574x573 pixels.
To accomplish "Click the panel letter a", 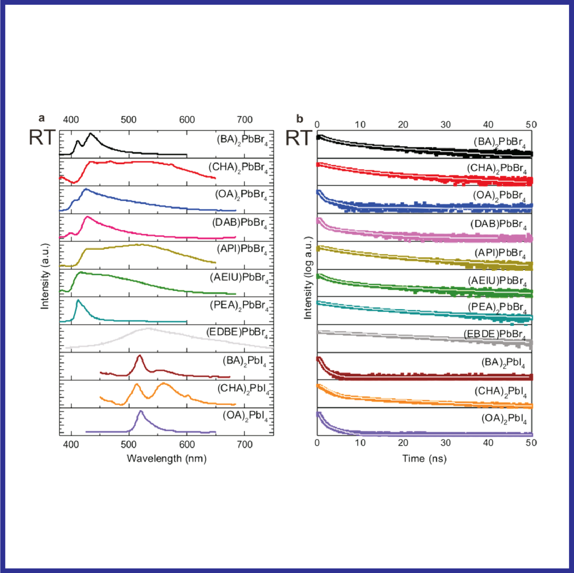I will click(42, 118).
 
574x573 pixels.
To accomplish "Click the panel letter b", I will click(299, 119).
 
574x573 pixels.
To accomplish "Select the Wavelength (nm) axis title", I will click(166, 458).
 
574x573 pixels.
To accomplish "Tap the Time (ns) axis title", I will click(424, 458).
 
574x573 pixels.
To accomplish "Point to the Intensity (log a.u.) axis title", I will click(308, 278).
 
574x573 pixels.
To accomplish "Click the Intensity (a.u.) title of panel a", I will click(45, 276).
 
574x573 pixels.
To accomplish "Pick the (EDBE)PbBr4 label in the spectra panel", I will click(237, 332).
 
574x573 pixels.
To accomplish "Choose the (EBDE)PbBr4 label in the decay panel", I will click(495, 335).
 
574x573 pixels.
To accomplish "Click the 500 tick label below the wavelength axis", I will click(129, 444).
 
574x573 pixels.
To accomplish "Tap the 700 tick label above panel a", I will click(245, 120).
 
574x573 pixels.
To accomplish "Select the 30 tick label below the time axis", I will click(446, 443).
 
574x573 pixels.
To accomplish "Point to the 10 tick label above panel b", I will click(360, 125).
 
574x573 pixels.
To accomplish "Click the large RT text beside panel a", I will click(42, 138).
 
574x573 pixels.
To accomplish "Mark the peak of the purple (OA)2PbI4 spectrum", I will click(141, 411).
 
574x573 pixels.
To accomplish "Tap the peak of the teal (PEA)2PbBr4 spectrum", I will click(78, 300).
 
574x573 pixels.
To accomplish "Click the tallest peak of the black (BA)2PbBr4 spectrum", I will click(91, 134).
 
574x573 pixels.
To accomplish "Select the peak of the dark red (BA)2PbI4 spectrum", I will click(139, 355).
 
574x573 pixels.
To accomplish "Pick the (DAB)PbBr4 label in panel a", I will click(240, 223).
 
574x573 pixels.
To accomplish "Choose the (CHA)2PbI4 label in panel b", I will click(500, 392).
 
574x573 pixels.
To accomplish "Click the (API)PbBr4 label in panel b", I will click(500, 253).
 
